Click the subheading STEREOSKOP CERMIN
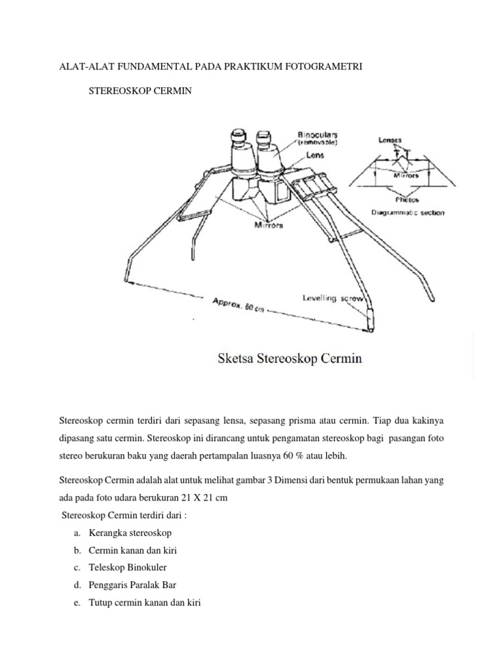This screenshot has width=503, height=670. coord(140,91)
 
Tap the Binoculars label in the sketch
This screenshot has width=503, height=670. coord(319,134)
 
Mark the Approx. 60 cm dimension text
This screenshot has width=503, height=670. coord(238,306)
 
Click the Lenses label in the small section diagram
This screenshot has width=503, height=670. coord(390,139)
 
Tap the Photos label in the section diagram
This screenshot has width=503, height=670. coord(407,200)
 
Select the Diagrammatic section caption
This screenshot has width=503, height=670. coord(407,212)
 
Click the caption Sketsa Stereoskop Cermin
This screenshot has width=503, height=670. coord(289,359)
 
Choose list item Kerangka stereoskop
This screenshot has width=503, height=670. coord(130,533)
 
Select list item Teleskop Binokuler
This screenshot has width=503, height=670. coord(128,567)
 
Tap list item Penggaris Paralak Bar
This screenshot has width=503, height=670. coord(132,585)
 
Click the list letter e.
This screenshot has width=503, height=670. coord(77,603)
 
